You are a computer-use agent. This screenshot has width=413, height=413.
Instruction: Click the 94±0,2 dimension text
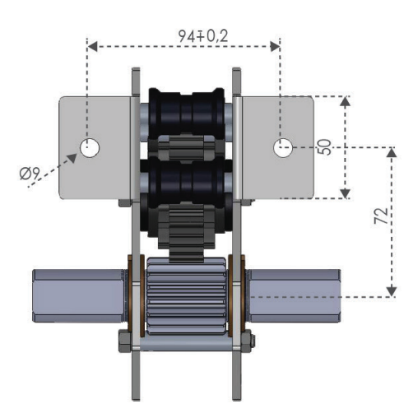203,35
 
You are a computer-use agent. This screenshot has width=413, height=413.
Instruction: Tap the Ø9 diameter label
30,174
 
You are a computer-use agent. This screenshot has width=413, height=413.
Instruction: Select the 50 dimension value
326,147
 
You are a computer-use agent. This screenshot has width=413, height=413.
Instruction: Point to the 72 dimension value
382,216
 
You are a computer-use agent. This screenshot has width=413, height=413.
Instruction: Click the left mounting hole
90,148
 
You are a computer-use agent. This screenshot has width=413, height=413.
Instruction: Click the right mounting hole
283,148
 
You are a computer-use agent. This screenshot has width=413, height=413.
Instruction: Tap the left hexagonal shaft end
79,295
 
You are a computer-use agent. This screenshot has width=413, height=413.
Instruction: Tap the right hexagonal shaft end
295,295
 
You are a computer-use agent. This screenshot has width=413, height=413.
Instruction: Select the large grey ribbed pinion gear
187,295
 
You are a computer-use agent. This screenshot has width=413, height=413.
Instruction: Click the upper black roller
187,113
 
